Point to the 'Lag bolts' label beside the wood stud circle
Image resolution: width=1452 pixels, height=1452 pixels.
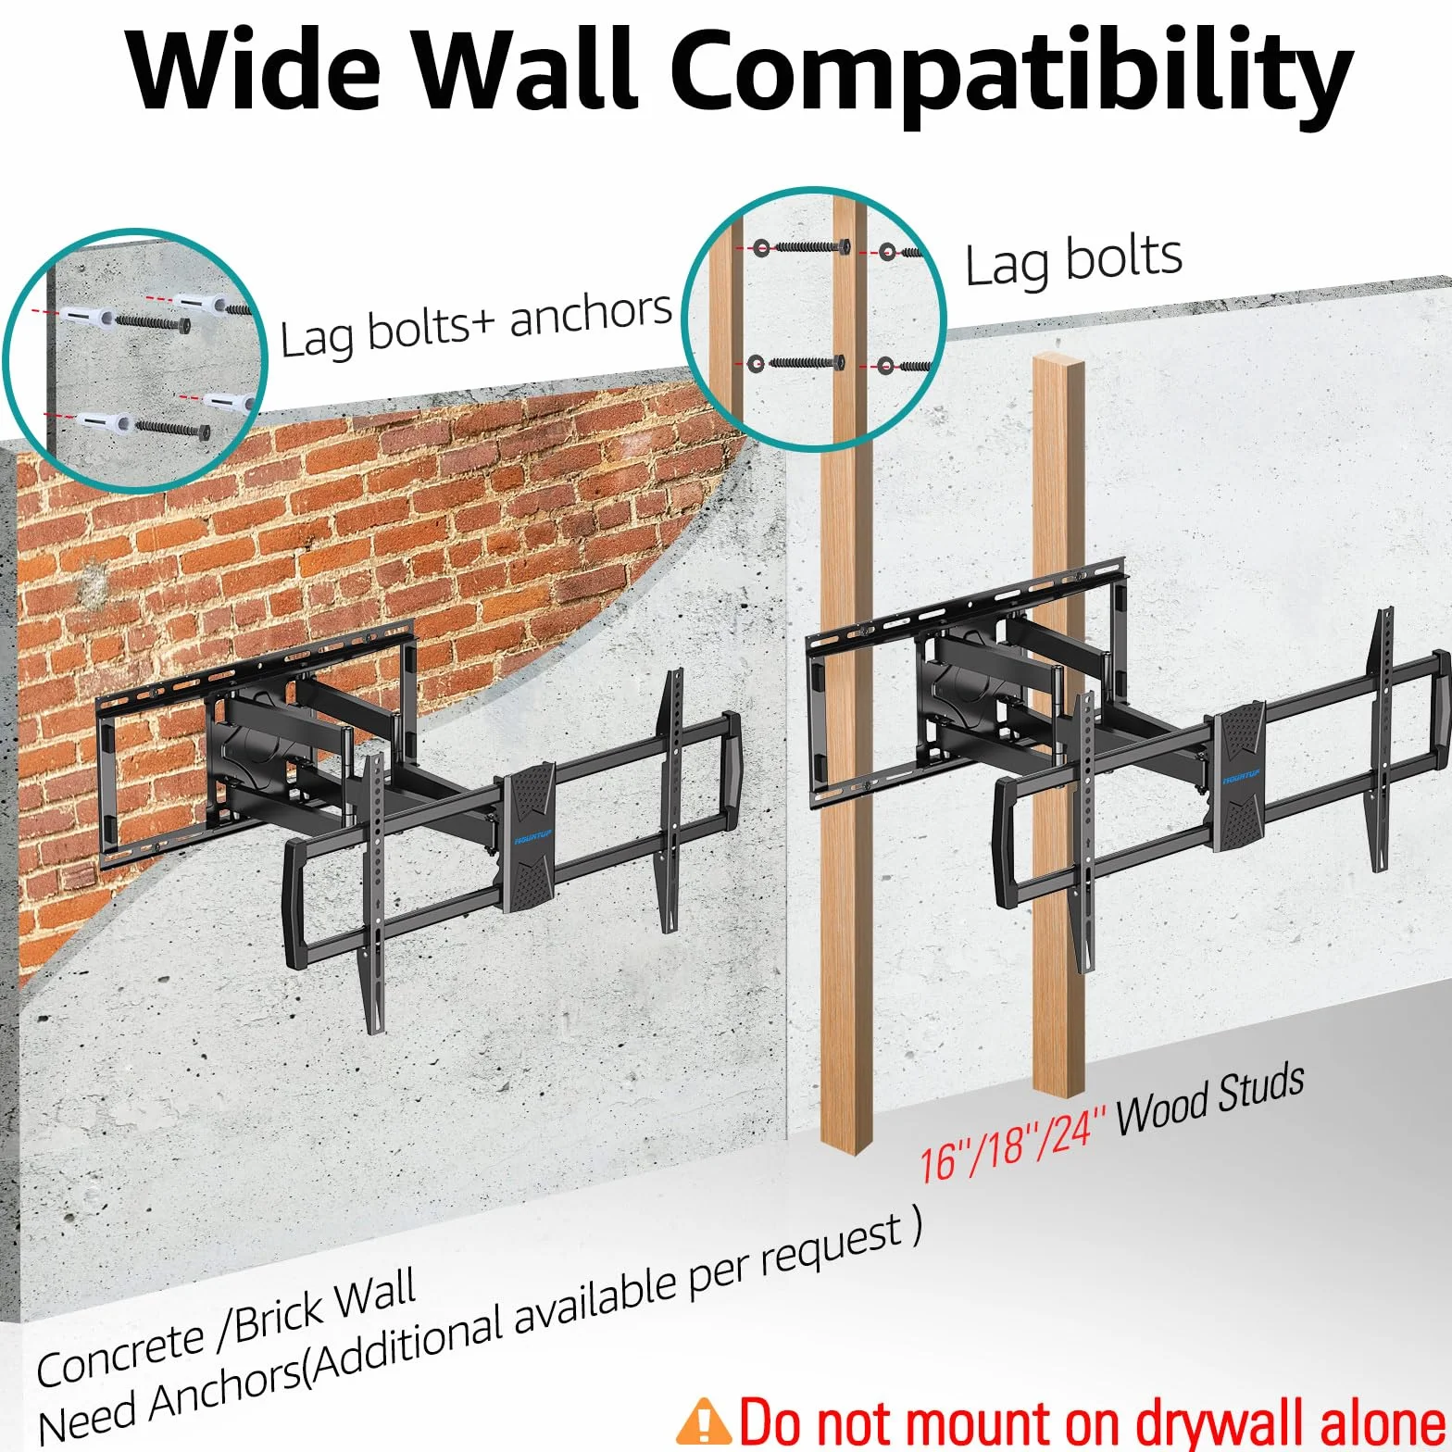point(1073,260)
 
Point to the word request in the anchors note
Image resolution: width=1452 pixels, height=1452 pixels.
point(832,1247)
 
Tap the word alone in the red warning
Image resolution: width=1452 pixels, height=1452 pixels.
point(1382,1422)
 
